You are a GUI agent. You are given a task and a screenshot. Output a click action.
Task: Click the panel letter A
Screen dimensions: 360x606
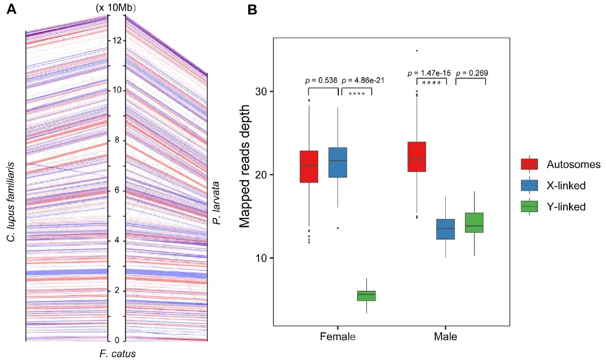tap(11, 10)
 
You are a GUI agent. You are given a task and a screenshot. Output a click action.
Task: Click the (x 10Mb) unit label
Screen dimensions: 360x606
tap(116, 7)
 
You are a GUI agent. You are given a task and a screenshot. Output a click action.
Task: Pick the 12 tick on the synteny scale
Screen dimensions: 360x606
tap(116, 40)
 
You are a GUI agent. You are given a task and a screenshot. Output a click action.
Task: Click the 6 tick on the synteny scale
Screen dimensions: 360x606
tap(116, 191)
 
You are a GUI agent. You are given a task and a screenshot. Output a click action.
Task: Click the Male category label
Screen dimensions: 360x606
tap(445, 337)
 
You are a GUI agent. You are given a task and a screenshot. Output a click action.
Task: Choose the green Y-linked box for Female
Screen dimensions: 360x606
tap(367, 296)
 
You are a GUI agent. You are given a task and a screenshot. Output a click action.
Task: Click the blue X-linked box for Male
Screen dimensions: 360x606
tap(445, 229)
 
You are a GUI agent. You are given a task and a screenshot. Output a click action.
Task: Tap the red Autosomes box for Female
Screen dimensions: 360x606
tap(309, 167)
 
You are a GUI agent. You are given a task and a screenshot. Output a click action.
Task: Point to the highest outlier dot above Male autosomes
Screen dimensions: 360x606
tap(416, 50)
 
